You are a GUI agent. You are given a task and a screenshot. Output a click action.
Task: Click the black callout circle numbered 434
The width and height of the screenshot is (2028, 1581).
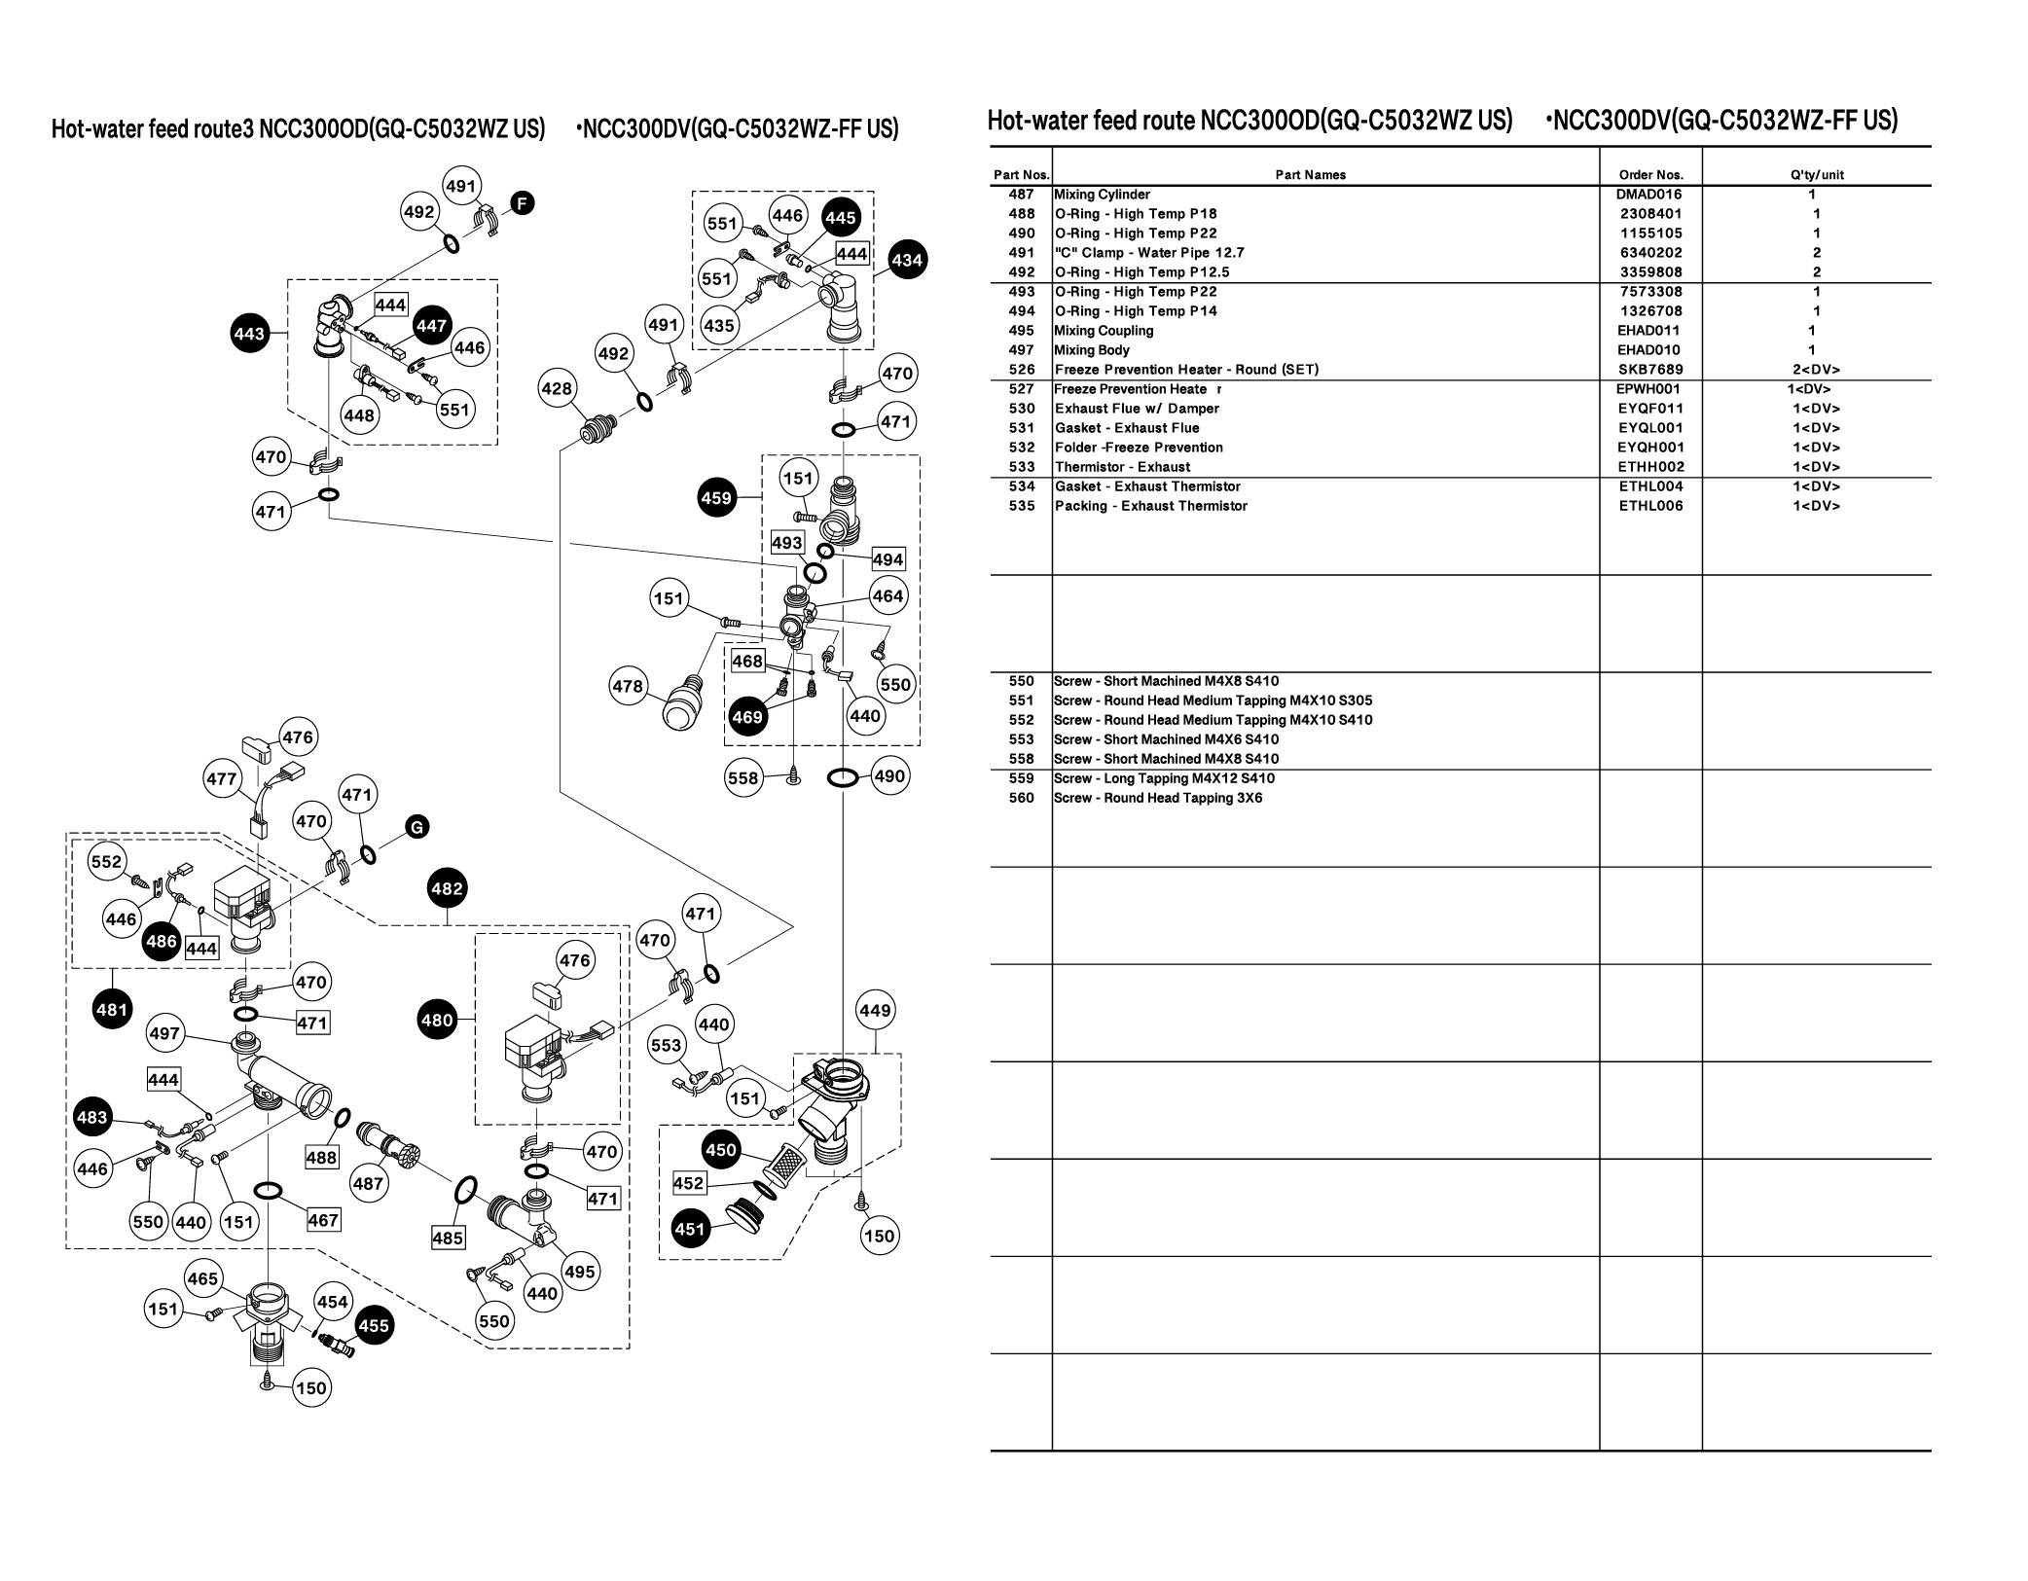tap(907, 260)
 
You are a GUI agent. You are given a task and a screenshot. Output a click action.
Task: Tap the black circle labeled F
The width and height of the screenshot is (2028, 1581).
tap(523, 203)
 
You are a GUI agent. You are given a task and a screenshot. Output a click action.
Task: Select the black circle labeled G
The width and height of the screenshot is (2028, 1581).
tap(416, 828)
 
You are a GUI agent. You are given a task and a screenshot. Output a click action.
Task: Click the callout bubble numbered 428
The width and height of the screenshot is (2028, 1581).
tap(557, 389)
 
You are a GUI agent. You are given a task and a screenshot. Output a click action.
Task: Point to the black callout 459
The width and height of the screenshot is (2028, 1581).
tap(716, 499)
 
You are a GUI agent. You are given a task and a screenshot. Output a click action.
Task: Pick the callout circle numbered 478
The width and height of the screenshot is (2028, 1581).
tap(628, 687)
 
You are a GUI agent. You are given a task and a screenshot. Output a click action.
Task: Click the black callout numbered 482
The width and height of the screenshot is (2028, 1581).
tap(447, 888)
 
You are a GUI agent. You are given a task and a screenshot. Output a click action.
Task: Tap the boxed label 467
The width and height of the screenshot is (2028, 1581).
tap(323, 1220)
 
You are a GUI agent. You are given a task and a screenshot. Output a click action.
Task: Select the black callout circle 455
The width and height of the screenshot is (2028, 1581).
tap(374, 1325)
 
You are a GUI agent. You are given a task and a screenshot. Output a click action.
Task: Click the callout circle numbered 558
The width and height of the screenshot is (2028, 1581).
tap(743, 778)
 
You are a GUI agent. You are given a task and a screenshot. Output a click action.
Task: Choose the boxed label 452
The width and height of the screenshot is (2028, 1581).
tap(689, 1183)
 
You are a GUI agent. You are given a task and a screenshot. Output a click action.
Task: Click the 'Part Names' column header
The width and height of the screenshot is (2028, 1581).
tap(1311, 175)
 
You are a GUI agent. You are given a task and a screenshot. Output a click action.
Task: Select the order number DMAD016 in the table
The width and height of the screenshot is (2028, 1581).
tap(1650, 195)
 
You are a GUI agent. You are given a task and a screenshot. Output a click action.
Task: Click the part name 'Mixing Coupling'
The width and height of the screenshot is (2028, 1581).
tap(1104, 331)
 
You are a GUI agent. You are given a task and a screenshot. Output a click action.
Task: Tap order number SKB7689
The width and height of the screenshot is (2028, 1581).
tap(1650, 370)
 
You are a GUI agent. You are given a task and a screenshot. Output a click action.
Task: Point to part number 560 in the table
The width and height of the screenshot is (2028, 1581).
tap(1022, 798)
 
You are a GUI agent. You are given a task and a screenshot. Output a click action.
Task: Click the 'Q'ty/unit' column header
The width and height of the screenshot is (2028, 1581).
tap(1816, 175)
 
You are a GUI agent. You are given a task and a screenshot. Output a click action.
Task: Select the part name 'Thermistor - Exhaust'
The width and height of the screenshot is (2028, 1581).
tap(1122, 467)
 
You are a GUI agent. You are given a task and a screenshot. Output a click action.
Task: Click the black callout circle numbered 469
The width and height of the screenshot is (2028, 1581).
tap(747, 717)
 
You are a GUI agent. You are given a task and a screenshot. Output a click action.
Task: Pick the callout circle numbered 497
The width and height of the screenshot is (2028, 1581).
tap(164, 1032)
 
